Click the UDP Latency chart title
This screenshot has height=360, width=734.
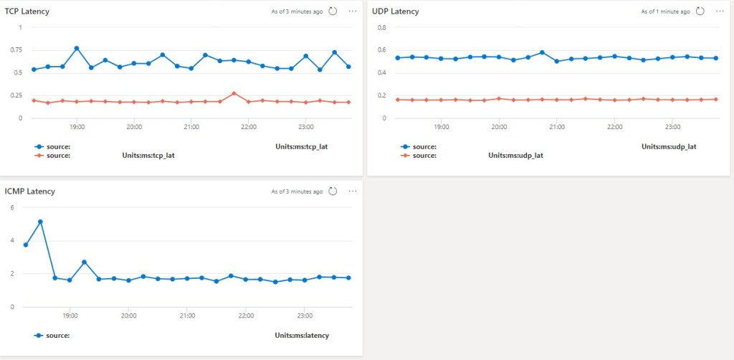(396, 11)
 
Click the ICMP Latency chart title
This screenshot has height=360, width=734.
(30, 191)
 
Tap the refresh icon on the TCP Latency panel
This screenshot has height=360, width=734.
(333, 11)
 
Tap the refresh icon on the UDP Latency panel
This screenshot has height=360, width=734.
(700, 11)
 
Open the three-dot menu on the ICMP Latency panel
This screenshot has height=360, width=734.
(352, 191)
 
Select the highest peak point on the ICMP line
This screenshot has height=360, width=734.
(40, 222)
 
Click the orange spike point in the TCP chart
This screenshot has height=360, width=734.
(234, 93)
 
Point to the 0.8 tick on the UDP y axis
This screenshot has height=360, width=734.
(382, 27)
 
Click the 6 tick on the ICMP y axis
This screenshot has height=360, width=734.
(11, 207)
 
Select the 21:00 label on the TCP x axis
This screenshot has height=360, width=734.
(191, 127)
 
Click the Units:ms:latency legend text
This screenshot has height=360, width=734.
(302, 335)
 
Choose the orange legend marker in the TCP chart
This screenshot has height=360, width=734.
(39, 155)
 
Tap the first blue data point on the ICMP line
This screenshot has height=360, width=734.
(26, 245)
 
